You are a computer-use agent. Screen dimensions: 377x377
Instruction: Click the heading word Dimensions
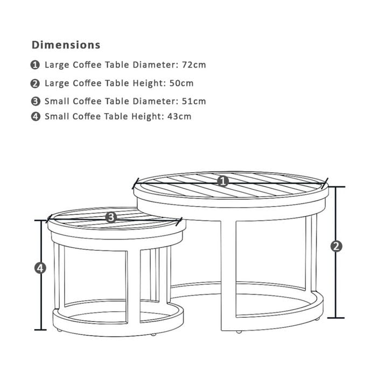pos(66,45)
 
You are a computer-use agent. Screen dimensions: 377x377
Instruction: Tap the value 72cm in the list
pos(194,65)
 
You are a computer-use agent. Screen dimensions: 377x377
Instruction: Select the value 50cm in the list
pos(181,83)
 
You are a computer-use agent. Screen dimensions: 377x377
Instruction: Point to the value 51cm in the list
pos(194,101)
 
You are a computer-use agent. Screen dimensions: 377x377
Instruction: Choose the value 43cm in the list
pos(179,116)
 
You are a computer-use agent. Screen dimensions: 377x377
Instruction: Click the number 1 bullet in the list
pos(35,65)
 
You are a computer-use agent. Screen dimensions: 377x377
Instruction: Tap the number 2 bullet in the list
pos(35,83)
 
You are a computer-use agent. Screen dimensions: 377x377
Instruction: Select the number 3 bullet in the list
pos(36,101)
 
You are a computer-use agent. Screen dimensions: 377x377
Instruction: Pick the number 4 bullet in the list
pos(36,117)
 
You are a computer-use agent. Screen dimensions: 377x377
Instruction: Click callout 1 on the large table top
pos(223,181)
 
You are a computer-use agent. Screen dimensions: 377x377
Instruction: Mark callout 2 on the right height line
pos(336,246)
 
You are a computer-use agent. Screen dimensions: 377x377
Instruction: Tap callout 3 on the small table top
pos(111,218)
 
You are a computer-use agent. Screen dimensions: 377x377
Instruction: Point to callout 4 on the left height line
pos(40,268)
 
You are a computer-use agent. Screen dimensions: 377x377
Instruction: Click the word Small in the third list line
pos(57,101)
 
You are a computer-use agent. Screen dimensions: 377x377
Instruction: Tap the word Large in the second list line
pos(57,83)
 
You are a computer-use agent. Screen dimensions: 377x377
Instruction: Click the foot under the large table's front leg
pos(239,332)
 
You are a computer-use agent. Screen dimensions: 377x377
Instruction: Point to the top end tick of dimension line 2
pos(336,187)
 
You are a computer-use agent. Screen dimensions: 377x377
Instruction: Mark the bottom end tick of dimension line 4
pos(40,330)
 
